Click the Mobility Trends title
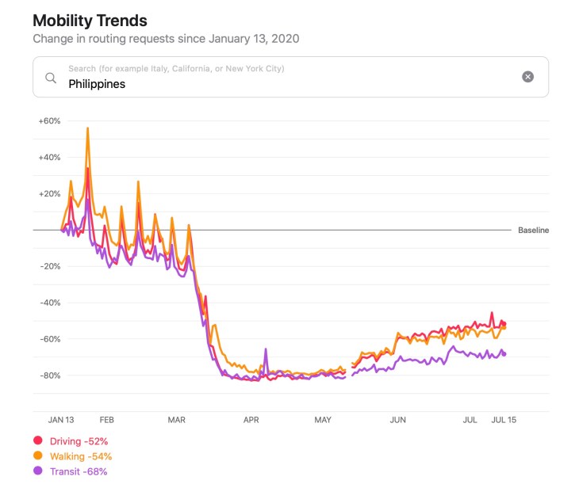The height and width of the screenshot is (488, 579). coord(90,20)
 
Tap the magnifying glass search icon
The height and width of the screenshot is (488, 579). coord(51,77)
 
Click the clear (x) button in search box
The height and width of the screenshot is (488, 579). coord(527,77)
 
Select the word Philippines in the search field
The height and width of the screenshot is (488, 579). coord(97,83)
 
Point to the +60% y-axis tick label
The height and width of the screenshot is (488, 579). coord(49,121)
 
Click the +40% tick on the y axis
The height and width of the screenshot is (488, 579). coord(49,158)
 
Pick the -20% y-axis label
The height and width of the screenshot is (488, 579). coord(50,266)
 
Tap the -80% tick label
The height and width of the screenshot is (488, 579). coord(50,375)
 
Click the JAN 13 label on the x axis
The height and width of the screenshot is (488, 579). coord(61,420)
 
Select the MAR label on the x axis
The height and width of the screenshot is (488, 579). coord(177,420)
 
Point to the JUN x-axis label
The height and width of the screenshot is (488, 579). coord(398,420)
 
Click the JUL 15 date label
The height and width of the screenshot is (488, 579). coord(503,420)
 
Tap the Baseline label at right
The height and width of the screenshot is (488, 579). coord(533,231)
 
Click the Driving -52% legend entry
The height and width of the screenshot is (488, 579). coord(79,440)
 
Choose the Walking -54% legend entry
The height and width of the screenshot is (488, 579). coord(80,456)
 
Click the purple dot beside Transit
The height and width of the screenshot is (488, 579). coord(37,471)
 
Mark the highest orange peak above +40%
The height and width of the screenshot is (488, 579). coord(87,128)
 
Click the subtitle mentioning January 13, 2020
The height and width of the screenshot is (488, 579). coord(166,38)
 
